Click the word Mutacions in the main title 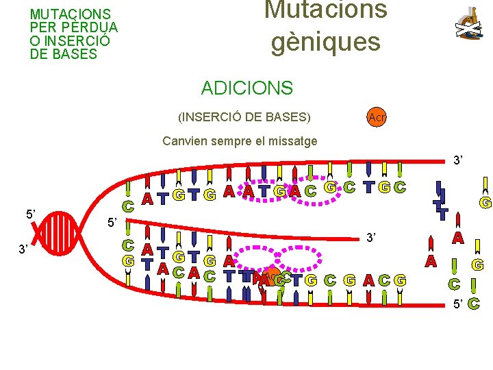click(326, 10)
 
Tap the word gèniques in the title click(325, 42)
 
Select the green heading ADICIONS click(246, 88)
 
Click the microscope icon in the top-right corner click(468, 23)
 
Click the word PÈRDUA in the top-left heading click(95, 27)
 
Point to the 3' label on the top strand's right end click(458, 160)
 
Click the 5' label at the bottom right click(456, 304)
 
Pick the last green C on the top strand click(400, 186)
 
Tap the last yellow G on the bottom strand click(400, 280)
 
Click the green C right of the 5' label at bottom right click(475, 304)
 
